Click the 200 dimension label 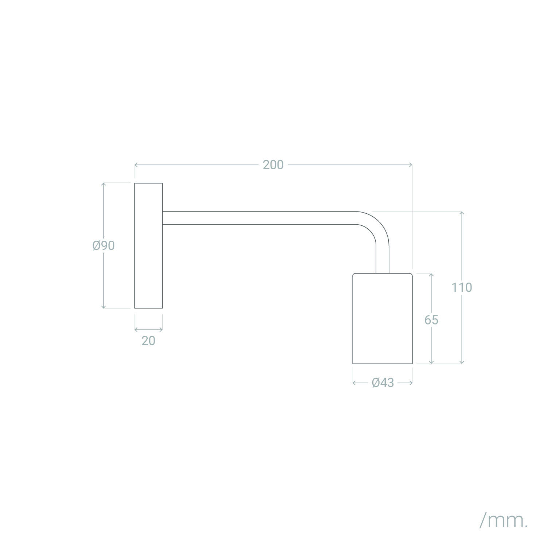tap(273, 165)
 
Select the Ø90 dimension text tap(104, 246)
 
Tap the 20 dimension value tap(148, 341)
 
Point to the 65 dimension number tap(431, 320)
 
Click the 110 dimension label tap(462, 288)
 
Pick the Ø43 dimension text tap(383, 383)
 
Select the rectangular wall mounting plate tap(148, 245)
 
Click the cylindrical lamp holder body tap(382, 318)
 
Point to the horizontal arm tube tap(255, 218)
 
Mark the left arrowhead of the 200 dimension tap(136, 165)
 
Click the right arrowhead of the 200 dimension tap(411, 165)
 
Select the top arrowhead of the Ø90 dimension tap(104, 184)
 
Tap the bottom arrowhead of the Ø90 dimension tap(104, 307)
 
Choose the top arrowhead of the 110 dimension tap(462, 212)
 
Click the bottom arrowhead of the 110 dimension tap(462, 362)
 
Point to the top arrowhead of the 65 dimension tap(431, 274)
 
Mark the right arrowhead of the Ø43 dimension tap(411, 383)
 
